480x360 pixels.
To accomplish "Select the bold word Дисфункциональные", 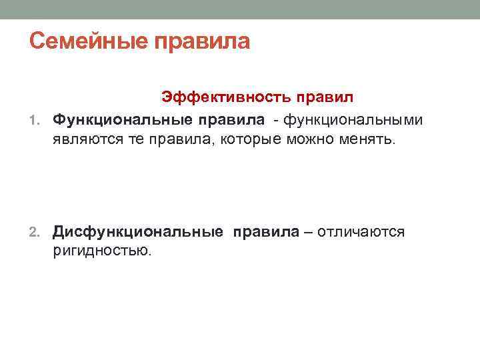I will pyautogui.click(x=138, y=231).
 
